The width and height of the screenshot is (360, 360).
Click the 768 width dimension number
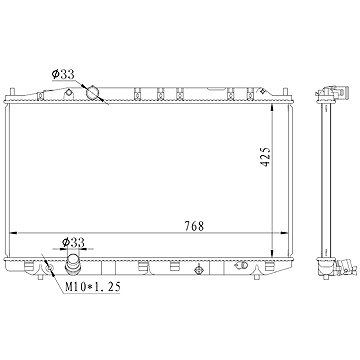(x=194, y=226)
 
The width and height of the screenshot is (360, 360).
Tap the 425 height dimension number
(x=266, y=157)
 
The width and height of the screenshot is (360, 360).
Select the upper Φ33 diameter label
(x=63, y=74)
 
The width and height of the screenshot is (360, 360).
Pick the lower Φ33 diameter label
(x=73, y=243)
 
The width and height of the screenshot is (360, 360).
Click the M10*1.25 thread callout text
(x=92, y=287)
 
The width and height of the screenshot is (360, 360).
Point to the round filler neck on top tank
(x=93, y=92)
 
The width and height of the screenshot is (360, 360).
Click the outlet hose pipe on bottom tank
(x=73, y=265)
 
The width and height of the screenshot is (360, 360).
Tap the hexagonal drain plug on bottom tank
(x=198, y=270)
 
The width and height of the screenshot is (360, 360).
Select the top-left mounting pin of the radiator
(x=12, y=92)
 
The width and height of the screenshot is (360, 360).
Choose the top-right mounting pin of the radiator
(x=285, y=92)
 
